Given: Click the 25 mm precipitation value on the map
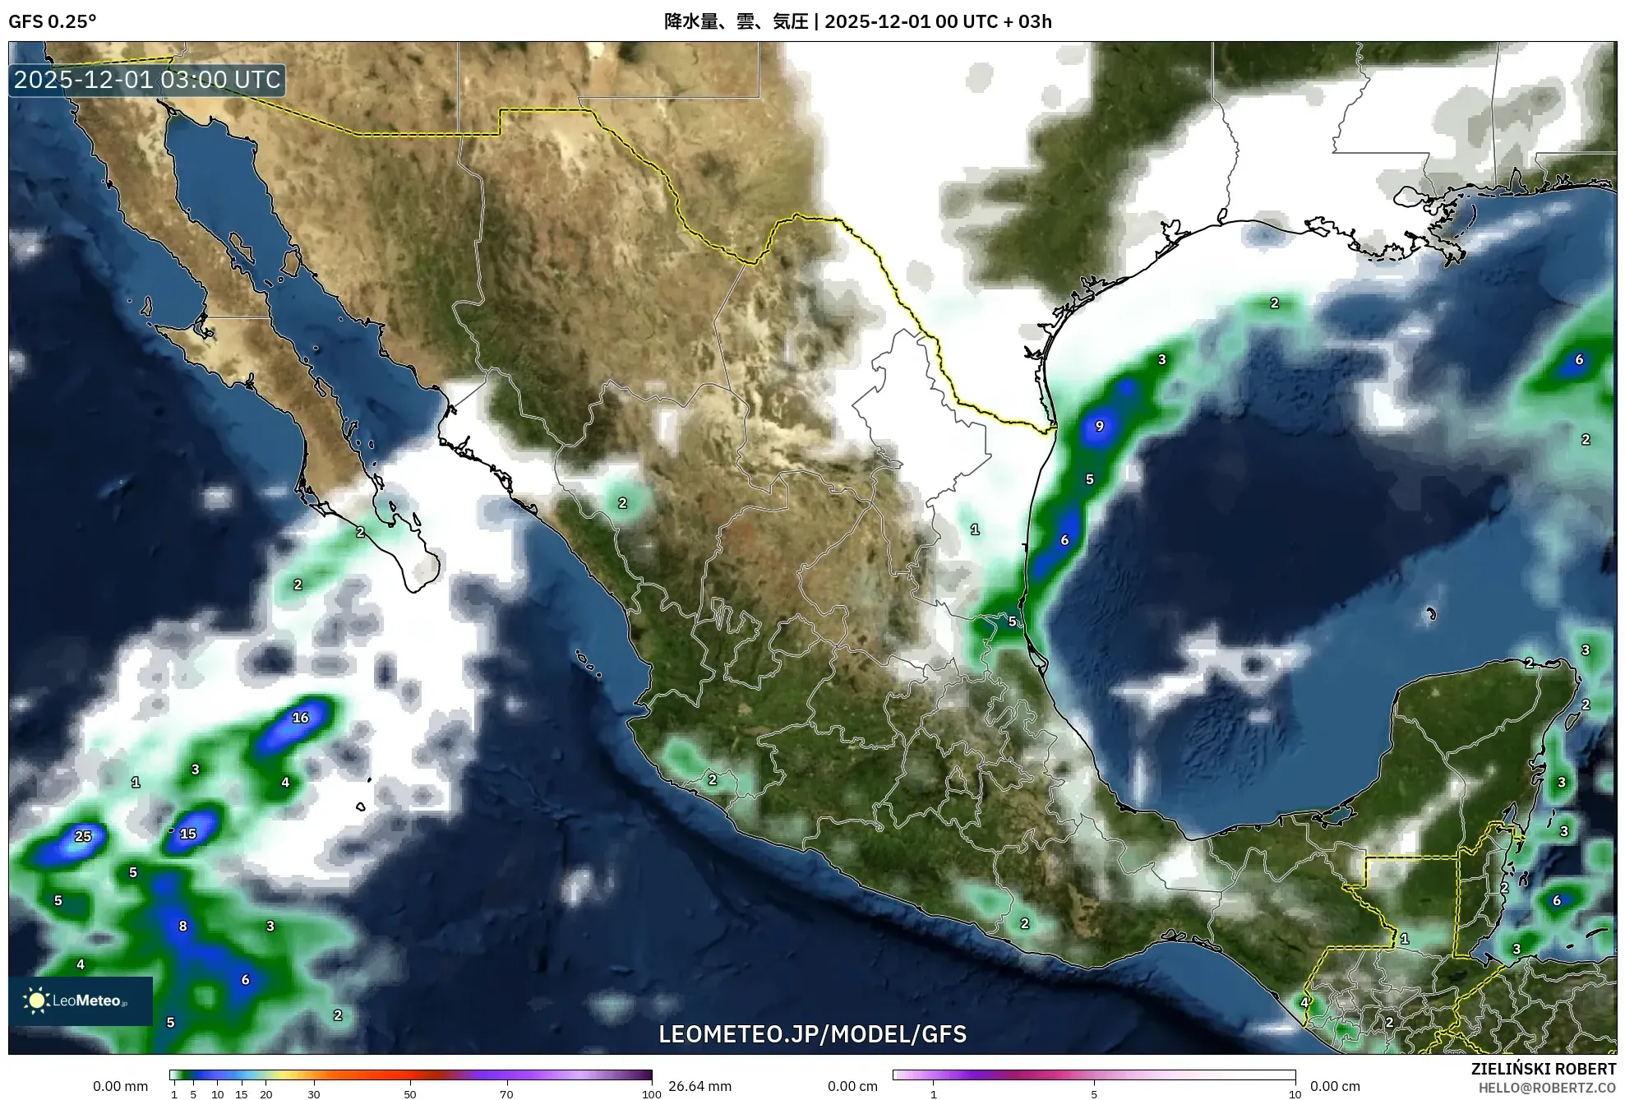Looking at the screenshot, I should coord(83,836).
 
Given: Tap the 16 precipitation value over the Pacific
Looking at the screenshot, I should coord(301,718).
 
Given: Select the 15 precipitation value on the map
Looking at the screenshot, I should coord(188,834).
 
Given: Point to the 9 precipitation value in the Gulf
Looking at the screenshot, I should coord(1099,426).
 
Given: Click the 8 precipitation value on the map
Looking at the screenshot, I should coord(182,926).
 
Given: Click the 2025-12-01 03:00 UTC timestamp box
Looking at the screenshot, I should coord(148,80).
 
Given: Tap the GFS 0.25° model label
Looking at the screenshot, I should coord(53,21).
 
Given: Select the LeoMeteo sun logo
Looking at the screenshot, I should coord(36,1001).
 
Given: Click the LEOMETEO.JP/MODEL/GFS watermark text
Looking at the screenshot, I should coord(812,1034).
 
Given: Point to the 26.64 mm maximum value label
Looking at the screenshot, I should coord(699,1086).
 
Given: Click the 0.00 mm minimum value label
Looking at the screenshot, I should coord(120,1086).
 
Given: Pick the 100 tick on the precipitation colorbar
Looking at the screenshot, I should coord(651,1094).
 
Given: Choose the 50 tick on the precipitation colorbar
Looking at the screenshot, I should coord(410,1094).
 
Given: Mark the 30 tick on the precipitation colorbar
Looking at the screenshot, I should coord(314,1094).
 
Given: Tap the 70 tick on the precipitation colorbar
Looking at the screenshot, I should coord(506,1094).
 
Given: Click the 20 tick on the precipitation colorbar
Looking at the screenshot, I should coord(265,1094).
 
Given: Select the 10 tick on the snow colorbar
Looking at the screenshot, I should coord(1295,1094).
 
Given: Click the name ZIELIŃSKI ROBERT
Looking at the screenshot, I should coord(1543,1069).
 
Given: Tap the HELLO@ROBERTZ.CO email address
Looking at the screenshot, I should coord(1547,1087).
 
